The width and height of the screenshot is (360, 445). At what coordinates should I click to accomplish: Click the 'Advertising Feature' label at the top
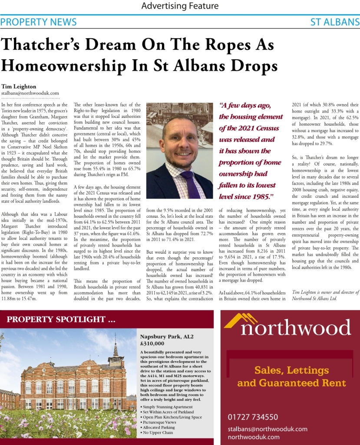click(180, 6)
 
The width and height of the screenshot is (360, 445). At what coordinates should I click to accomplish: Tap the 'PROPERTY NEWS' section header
click(39, 22)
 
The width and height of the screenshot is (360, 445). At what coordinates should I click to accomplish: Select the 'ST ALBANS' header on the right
click(335, 22)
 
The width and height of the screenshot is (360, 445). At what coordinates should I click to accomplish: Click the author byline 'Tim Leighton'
click(19, 86)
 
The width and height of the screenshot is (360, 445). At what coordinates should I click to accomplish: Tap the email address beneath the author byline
click(30, 93)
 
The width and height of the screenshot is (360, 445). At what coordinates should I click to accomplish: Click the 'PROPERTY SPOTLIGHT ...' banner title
click(61, 319)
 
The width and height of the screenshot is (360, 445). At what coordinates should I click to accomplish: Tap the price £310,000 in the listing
click(152, 343)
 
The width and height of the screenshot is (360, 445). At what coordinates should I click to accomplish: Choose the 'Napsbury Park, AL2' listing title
click(167, 336)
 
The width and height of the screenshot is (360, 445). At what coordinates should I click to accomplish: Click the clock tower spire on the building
click(116, 348)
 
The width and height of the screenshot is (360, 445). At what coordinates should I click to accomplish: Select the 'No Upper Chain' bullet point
click(157, 432)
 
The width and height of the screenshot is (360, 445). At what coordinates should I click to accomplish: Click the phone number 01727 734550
click(253, 417)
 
